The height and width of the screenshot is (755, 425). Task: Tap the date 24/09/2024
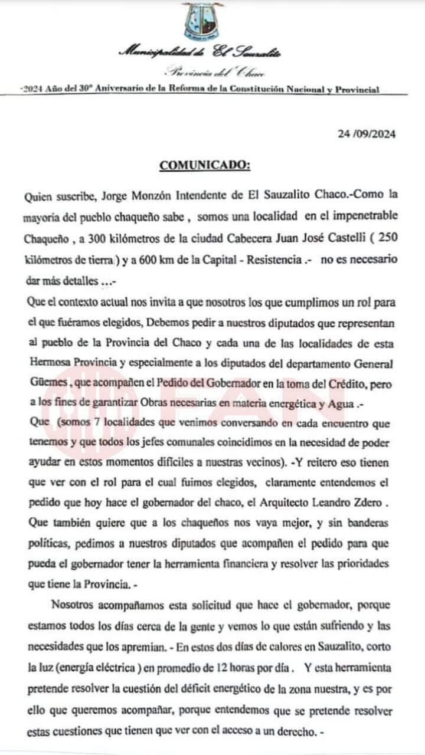pos(367,134)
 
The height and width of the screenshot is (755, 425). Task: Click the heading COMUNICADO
pos(205,166)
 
